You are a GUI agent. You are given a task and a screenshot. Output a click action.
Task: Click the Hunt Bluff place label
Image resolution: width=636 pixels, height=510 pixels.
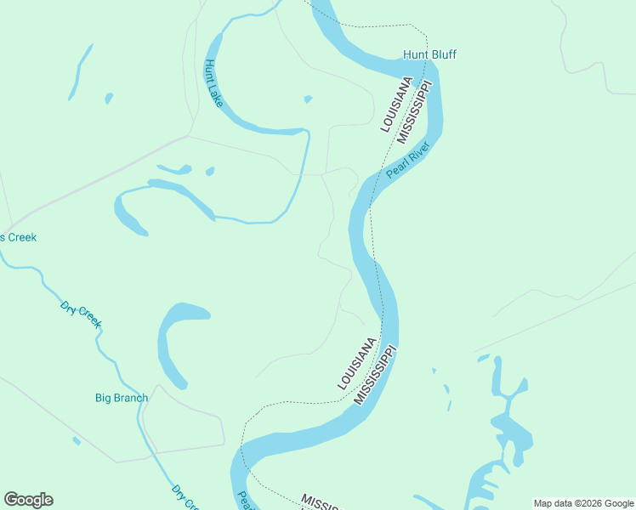click(429, 55)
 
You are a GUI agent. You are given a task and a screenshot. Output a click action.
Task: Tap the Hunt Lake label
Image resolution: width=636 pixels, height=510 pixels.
click(212, 82)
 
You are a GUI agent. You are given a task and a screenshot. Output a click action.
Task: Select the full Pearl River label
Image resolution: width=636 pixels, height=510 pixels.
click(409, 159)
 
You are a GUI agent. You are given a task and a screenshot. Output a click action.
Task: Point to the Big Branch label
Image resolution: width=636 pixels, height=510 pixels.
click(122, 398)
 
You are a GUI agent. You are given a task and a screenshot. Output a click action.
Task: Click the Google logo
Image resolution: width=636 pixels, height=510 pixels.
click(28, 500)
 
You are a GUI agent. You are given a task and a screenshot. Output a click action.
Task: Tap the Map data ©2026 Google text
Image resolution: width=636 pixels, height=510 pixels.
click(583, 503)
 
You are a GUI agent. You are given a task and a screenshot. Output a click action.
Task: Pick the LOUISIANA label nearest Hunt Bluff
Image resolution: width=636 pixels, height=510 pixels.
click(396, 105)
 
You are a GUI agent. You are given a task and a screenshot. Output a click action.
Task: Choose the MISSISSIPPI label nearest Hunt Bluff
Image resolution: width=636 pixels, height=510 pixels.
click(416, 111)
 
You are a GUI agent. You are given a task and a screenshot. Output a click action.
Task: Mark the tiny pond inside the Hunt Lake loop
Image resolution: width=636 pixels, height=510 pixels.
click(308, 99)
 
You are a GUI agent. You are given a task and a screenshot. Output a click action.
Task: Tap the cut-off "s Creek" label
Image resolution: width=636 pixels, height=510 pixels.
click(18, 237)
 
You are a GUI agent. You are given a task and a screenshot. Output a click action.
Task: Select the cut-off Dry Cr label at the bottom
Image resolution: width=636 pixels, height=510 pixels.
click(185, 498)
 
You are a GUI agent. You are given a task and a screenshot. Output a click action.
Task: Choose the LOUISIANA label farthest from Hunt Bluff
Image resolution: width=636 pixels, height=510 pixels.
click(357, 364)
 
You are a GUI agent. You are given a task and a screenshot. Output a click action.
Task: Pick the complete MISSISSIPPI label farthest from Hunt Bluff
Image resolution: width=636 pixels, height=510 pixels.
click(376, 374)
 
